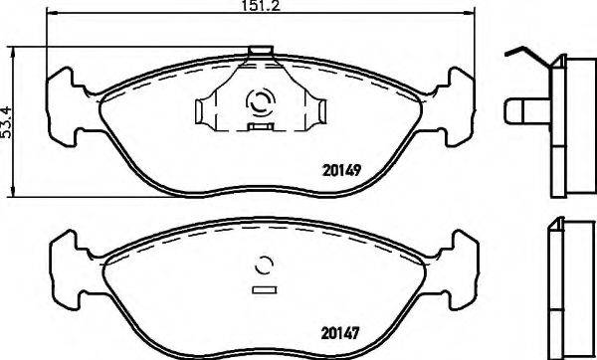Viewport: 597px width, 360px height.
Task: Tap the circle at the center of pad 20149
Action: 264,102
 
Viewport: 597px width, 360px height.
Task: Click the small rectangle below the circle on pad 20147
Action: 265,290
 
